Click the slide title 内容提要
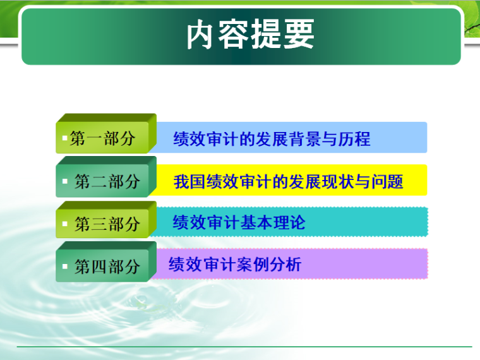click(x=250, y=35)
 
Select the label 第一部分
click(x=102, y=139)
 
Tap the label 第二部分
click(x=107, y=183)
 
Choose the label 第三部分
click(x=107, y=224)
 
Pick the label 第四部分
click(x=107, y=267)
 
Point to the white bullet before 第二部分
click(x=65, y=182)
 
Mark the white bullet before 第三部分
click(x=65, y=224)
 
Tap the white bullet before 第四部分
click(x=65, y=266)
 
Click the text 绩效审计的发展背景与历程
click(x=272, y=139)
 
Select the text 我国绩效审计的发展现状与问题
click(x=288, y=183)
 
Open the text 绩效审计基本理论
click(x=239, y=222)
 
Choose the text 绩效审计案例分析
click(x=235, y=265)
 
